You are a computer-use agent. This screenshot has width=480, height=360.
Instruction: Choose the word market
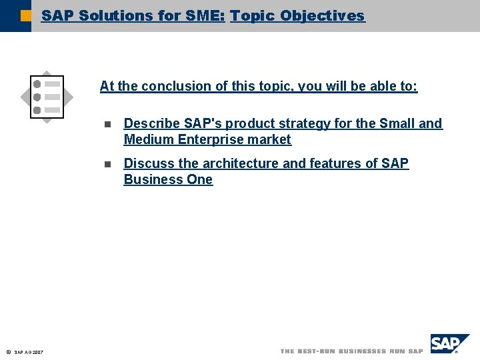[x=271, y=139]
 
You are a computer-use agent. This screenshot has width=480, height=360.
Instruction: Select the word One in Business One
[x=200, y=179]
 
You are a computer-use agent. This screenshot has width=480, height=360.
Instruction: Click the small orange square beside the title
[x=26, y=15]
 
